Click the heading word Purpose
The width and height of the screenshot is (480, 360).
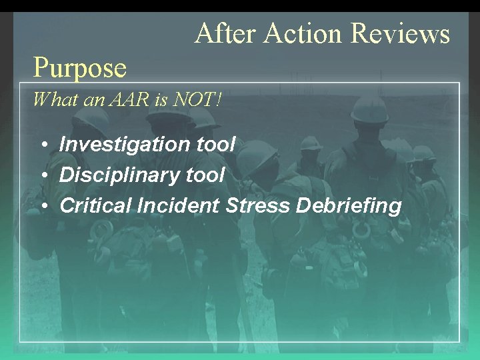(80, 67)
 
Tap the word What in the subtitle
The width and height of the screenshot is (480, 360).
(50, 101)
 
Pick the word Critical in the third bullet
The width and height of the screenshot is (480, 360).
(95, 206)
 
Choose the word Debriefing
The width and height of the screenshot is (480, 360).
(349, 206)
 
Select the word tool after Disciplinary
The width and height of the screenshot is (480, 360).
(206, 175)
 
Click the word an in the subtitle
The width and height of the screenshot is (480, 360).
(92, 101)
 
